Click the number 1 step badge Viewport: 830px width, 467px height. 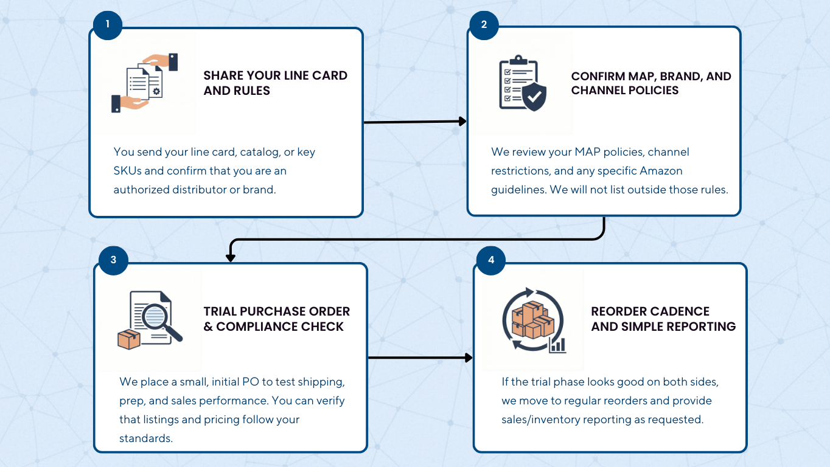108,24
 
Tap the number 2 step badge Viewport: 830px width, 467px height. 484,24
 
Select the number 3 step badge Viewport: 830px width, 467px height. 113,260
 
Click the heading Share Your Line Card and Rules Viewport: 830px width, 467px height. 275,83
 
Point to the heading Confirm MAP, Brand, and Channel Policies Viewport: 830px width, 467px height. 651,83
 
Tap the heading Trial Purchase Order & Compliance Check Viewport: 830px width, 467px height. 277,319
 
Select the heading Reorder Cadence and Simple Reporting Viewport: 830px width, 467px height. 663,319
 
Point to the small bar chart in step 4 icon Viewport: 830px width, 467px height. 557,345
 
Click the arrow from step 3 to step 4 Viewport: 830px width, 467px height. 420,358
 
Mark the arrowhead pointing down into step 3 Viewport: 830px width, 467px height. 230,257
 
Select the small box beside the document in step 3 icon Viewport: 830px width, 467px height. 129,339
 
